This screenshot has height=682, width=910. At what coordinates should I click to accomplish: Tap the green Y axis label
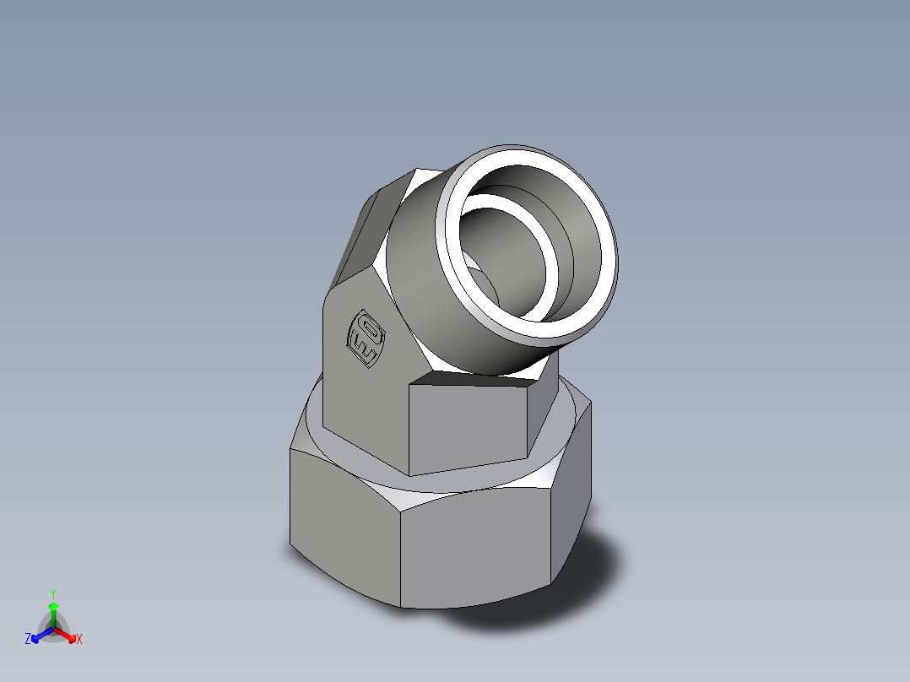coord(52,593)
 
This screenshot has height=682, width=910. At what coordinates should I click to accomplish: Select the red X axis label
coord(79,640)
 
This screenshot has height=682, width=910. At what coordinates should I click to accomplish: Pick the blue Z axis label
coord(28,640)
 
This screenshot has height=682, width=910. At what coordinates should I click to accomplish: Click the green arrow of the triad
coord(52,612)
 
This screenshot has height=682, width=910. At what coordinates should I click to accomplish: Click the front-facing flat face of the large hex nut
coord(473,549)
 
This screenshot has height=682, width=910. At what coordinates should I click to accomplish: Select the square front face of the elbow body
coord(469,426)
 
